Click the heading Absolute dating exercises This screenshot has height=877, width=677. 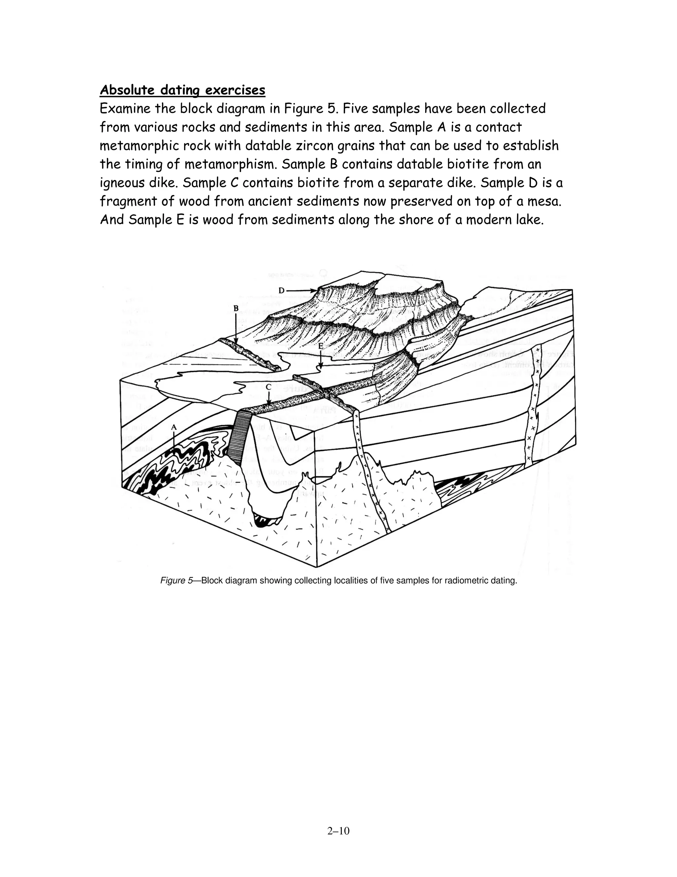point(182,90)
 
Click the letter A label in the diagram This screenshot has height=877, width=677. point(174,428)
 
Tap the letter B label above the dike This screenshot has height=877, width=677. point(236,308)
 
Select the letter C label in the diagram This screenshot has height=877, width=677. point(268,387)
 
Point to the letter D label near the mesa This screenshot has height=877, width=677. point(282,290)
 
